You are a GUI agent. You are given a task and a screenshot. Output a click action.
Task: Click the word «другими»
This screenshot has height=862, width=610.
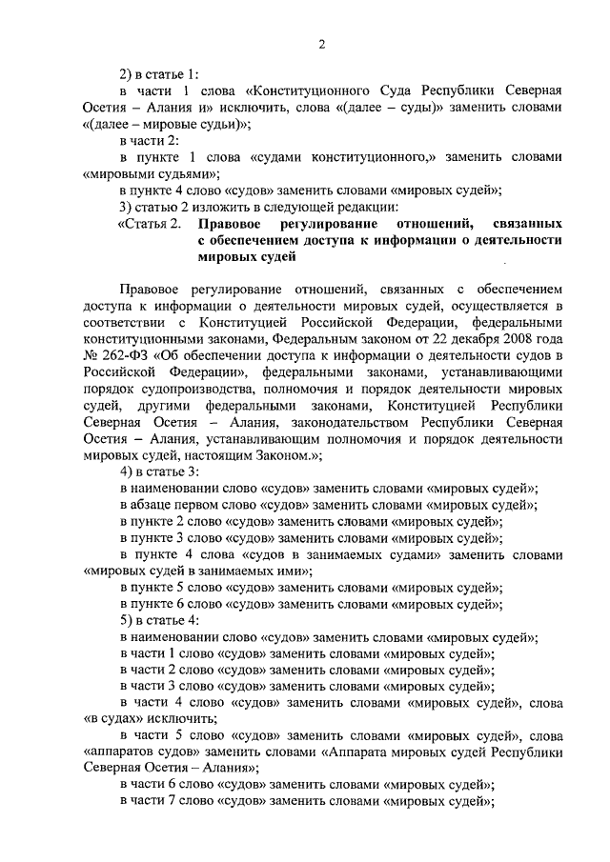point(153,406)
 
